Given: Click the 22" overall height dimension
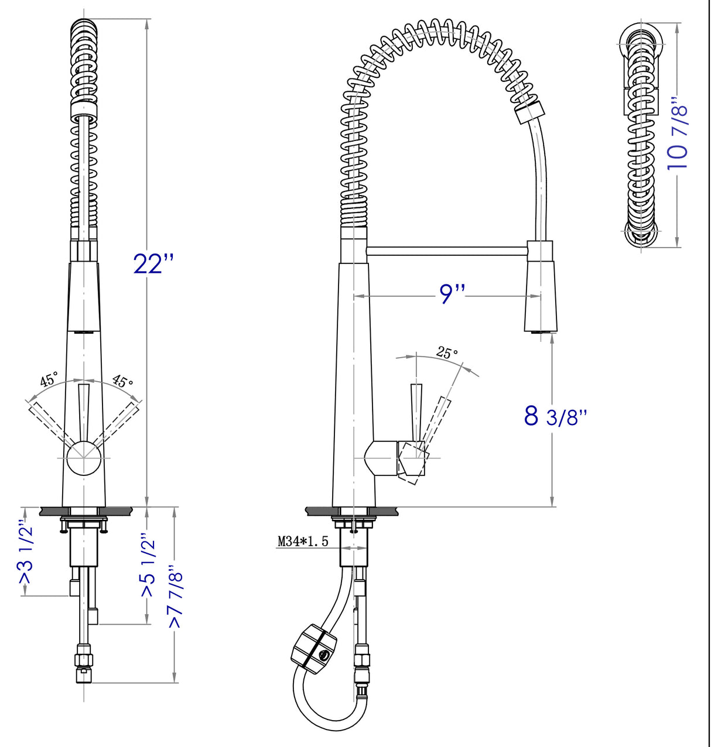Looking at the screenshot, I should click(153, 264).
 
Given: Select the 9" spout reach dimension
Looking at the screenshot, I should click(452, 294).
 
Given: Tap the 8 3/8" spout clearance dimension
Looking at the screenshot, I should click(555, 416).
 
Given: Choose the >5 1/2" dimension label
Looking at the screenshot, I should click(148, 566).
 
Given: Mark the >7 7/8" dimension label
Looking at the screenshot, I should click(176, 597).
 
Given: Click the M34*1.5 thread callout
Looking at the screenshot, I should click(303, 542).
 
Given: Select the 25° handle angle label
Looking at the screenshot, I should click(447, 353).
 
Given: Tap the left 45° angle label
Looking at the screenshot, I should click(49, 379).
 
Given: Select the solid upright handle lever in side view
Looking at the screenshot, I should click(416, 410).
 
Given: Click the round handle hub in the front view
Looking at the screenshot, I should click(83, 458).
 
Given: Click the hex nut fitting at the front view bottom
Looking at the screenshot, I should click(84, 660).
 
